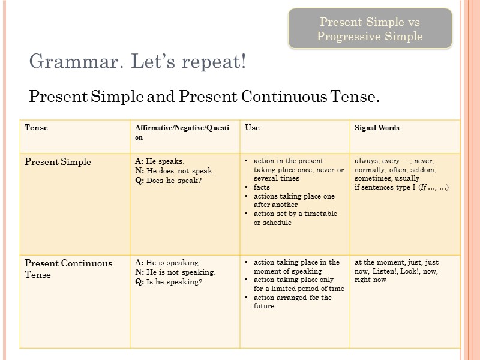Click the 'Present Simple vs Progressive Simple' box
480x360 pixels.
(x=370, y=29)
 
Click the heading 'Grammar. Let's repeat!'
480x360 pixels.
(x=138, y=61)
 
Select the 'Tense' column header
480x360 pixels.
(x=36, y=128)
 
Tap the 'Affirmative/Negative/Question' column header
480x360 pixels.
(x=179, y=132)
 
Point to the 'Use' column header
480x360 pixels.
(x=253, y=128)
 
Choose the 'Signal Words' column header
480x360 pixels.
(x=377, y=128)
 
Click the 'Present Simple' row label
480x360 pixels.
(x=58, y=162)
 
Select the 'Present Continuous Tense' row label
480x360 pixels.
(x=68, y=269)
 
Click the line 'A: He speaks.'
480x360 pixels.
(x=160, y=161)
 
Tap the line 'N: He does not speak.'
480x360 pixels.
(x=175, y=170)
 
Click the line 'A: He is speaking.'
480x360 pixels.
(x=168, y=263)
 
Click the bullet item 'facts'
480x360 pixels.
(x=262, y=187)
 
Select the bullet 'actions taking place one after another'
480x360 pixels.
(x=294, y=200)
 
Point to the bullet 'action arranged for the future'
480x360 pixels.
(x=293, y=302)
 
